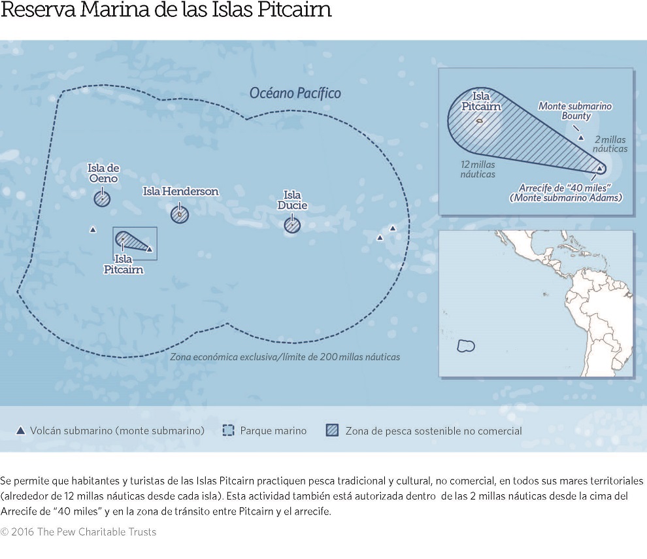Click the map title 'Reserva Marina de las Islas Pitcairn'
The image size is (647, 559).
pos(166,11)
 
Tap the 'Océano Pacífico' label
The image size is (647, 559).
pos(295,93)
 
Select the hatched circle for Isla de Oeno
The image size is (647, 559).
pos(102,199)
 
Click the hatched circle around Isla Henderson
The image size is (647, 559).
pos(180,214)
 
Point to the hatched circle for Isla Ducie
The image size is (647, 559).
pos(292,225)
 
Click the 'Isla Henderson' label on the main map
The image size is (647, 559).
pos(180,192)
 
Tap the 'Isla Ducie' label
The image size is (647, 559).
pos(291,200)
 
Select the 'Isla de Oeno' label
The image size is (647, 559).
pos(103,173)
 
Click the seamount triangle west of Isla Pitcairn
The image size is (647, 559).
pos(93,229)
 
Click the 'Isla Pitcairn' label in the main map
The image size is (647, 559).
pos(123,265)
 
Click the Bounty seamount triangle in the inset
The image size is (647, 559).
pos(580,138)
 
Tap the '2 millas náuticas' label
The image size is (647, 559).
pos(610,144)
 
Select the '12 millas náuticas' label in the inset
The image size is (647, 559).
pos(478,169)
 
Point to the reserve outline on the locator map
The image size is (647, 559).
pos(465,346)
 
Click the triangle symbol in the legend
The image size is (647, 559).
pos(20,431)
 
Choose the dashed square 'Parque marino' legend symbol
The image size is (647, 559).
pos(228,431)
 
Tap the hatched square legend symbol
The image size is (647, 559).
pos(332,431)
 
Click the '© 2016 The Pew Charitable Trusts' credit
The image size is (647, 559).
pos(78,532)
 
